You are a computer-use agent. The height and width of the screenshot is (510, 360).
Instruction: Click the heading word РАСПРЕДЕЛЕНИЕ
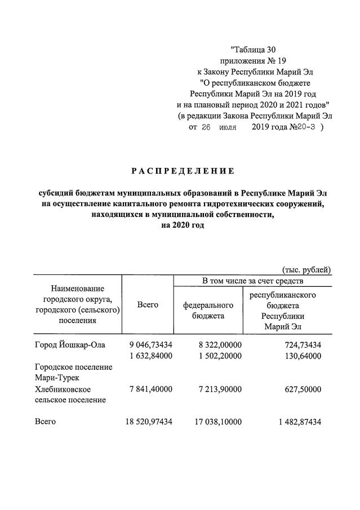click(x=183, y=171)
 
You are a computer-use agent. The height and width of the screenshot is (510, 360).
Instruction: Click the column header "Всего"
click(x=148, y=304)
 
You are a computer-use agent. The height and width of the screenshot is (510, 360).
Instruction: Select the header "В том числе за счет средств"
click(x=252, y=281)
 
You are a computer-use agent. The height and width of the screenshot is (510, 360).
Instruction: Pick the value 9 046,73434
click(x=150, y=345)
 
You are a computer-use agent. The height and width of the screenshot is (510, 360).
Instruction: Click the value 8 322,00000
click(x=220, y=345)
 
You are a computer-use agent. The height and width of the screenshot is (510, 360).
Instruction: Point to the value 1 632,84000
click(x=150, y=356)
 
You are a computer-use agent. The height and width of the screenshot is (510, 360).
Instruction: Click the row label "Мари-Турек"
click(x=58, y=378)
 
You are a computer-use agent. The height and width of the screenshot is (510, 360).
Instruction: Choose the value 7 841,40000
click(x=150, y=389)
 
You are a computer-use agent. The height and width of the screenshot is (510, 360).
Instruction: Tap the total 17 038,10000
click(x=217, y=422)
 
